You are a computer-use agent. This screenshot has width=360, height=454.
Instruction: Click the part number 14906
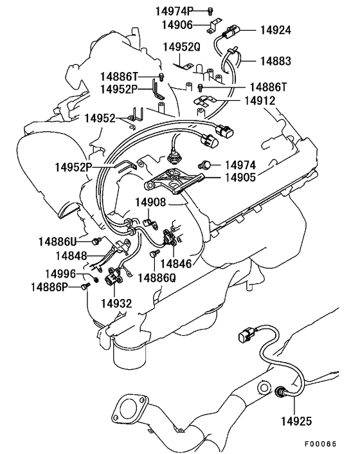click(177, 25)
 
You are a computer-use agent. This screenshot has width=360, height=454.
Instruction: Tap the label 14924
click(276, 30)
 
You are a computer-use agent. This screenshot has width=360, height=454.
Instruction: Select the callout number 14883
click(276, 61)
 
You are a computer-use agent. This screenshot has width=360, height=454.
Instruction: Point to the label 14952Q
click(182, 47)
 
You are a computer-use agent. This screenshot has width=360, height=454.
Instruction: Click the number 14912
click(260, 101)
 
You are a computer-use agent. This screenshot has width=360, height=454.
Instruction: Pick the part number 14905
click(240, 177)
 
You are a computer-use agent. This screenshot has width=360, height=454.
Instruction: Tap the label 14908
click(150, 203)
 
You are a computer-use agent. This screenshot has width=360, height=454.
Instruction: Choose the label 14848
click(71, 256)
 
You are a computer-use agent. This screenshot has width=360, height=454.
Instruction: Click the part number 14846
click(176, 264)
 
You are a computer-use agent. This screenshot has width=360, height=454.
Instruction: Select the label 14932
click(116, 304)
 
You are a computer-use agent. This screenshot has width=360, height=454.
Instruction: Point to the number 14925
click(296, 421)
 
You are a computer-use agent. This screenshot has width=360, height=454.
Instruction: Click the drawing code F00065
click(321, 444)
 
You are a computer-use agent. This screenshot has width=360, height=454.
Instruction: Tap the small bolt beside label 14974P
click(210, 12)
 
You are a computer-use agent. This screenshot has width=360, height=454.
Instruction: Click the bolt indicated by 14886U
click(96, 241)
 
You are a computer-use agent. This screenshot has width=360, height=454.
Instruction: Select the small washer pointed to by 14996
click(96, 279)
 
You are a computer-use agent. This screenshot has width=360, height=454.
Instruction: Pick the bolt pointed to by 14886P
click(85, 286)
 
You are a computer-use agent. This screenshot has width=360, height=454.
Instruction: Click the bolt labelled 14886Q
click(154, 253)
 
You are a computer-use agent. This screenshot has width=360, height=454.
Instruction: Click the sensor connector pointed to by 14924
click(231, 32)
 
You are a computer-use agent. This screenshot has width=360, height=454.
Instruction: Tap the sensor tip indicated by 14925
click(279, 392)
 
